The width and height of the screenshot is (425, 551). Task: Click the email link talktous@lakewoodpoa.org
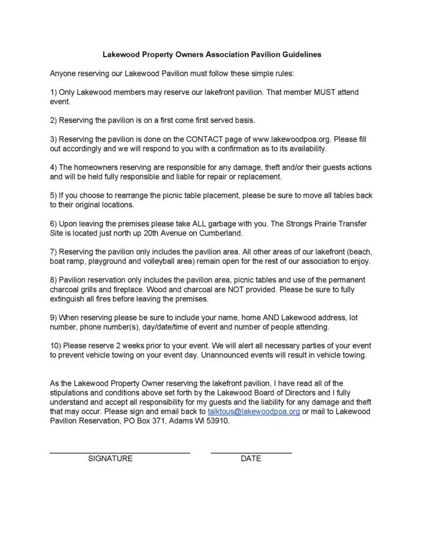(x=254, y=412)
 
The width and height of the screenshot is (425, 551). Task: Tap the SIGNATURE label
(x=110, y=458)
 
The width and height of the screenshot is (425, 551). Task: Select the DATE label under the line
(x=251, y=458)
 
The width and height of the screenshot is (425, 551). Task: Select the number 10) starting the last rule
(x=56, y=345)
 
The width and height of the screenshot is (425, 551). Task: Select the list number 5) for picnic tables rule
(x=53, y=195)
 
